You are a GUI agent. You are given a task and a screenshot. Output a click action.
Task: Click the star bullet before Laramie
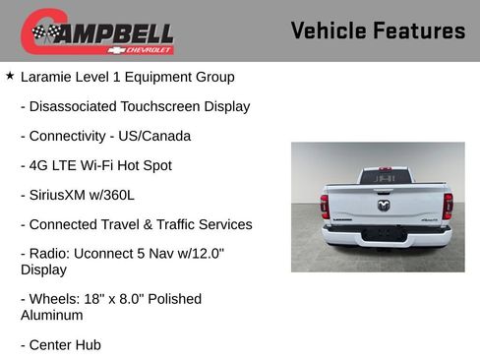pyautogui.click(x=10, y=75)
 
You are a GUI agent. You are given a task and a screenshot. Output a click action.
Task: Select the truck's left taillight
pyautogui.click(x=324, y=206)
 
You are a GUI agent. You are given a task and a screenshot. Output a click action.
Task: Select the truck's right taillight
pyautogui.click(x=448, y=206)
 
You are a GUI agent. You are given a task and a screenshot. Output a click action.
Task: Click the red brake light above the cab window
pyautogui.click(x=385, y=168)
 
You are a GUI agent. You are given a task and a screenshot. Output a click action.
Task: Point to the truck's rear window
pyautogui.click(x=385, y=177)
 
